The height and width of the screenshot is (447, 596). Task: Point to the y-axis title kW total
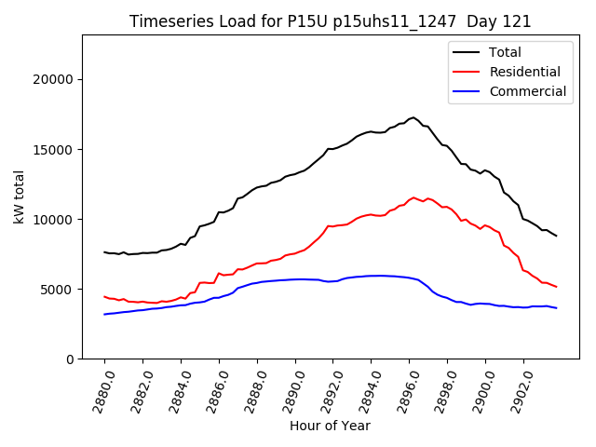(20, 196)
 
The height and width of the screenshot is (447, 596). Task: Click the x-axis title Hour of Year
(330, 426)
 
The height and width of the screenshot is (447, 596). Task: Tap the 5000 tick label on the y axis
(59, 290)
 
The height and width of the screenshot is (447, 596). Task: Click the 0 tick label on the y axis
(70, 359)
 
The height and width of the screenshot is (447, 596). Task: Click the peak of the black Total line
(413, 117)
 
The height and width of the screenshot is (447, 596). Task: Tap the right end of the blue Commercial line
(557, 308)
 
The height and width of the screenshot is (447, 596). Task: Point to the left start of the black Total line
(104, 252)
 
